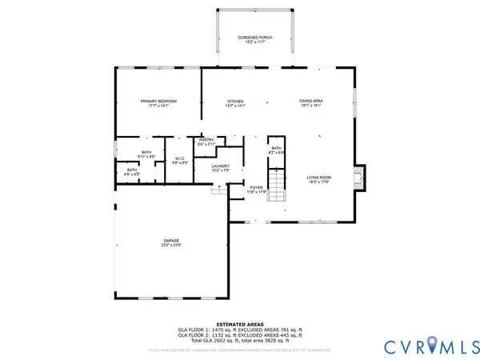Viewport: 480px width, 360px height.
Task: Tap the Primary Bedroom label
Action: [158, 102]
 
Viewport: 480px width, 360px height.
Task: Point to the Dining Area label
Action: [310, 102]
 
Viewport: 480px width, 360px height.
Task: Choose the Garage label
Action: [171, 242]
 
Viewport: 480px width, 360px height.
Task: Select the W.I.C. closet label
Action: [180, 159]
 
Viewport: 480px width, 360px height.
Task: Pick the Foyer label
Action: [256, 189]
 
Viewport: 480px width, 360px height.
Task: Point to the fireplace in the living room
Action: [360, 178]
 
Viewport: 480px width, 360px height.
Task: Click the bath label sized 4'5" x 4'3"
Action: [130, 170]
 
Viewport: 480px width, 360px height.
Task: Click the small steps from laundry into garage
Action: [218, 190]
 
